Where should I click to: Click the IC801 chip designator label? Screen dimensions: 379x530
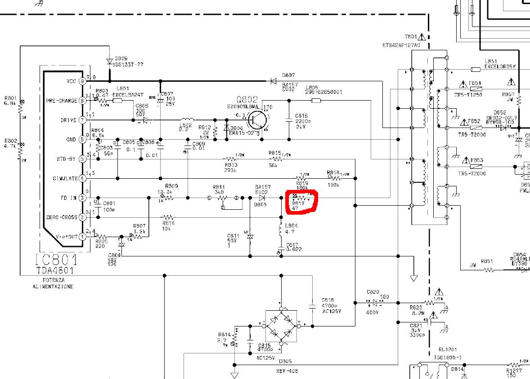pyautogui.click(x=56, y=260)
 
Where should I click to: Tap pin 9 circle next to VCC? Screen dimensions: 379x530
pyautogui.click(x=82, y=81)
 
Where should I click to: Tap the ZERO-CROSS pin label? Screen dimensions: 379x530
pyautogui.click(x=62, y=217)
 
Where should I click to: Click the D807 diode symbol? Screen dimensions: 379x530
pyautogui.click(x=273, y=81)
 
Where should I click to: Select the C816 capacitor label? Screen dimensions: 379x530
pyautogui.click(x=301, y=116)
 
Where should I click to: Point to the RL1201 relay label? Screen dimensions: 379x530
pyautogui.click(x=447, y=349)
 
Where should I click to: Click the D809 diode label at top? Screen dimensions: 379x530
pyautogui.click(x=121, y=58)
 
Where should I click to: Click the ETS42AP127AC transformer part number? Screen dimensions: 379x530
pyautogui.click(x=401, y=46)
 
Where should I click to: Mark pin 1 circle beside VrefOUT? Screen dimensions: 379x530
pyautogui.click(x=82, y=237)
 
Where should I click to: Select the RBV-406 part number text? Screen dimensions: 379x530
pyautogui.click(x=287, y=371)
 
